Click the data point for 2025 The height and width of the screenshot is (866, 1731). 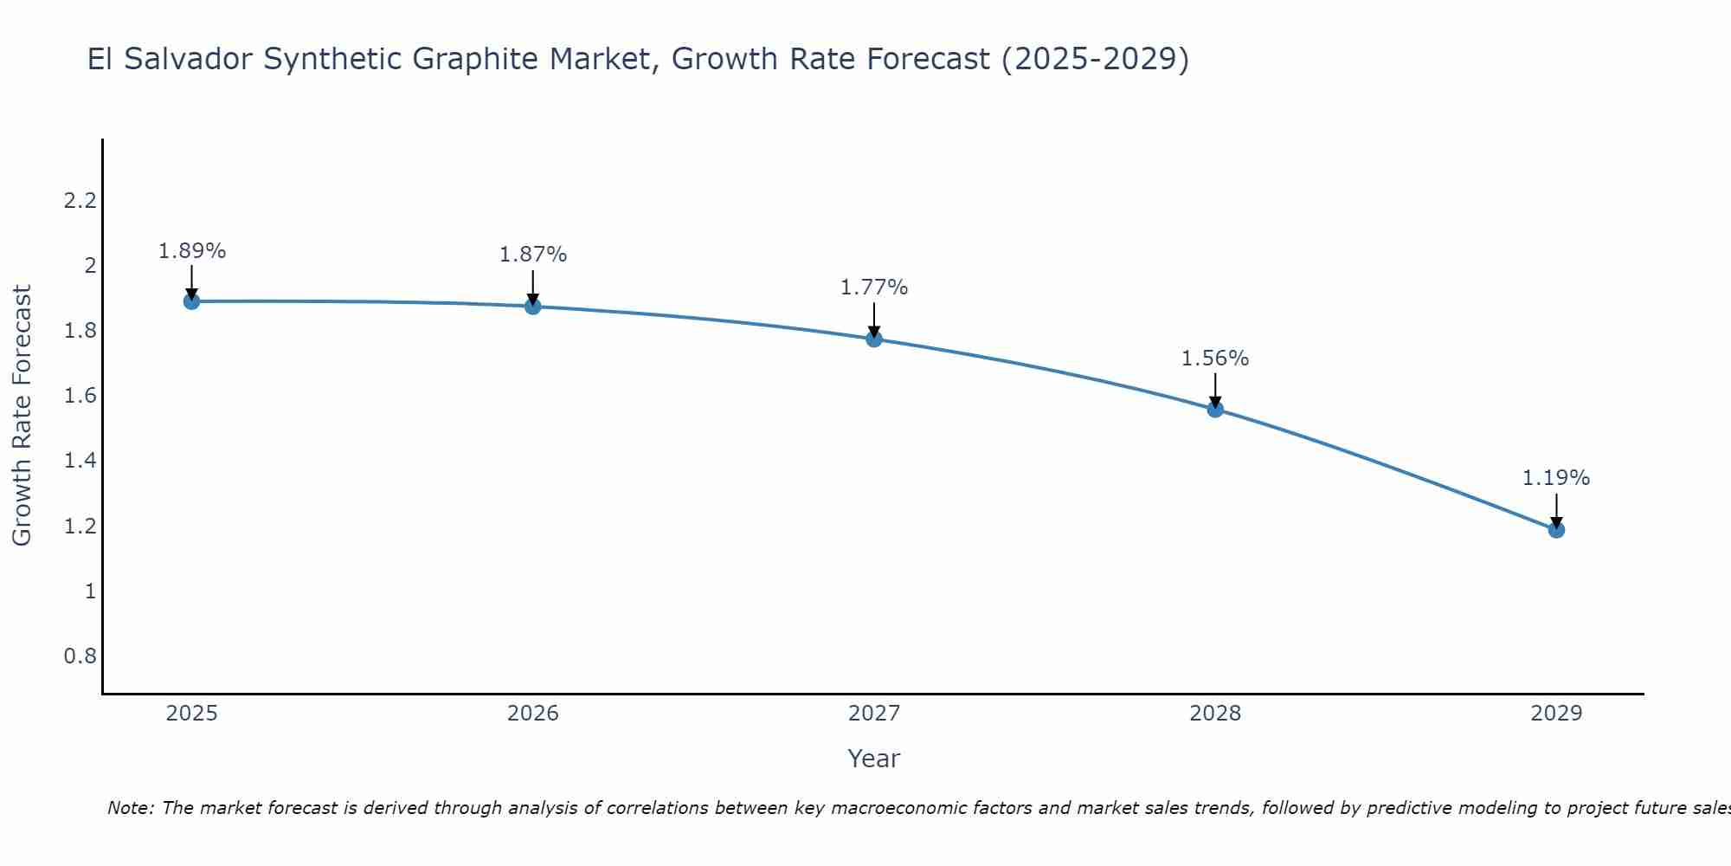pos(192,301)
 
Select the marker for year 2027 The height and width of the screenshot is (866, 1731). pos(874,339)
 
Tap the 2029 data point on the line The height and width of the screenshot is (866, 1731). pos(1556,529)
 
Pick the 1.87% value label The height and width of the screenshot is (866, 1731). pos(533,255)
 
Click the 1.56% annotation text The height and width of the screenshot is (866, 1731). pos(1215,359)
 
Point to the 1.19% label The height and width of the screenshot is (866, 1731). pos(1556,478)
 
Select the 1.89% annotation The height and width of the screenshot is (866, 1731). pos(192,251)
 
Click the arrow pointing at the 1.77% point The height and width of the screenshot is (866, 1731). pos(874,320)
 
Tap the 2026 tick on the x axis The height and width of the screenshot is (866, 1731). pos(533,714)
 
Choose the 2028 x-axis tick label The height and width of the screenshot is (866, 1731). pos(1215,714)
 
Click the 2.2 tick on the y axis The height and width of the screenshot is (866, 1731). pos(80,201)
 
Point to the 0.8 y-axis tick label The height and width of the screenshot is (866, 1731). pos(80,656)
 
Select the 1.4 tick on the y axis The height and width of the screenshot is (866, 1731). pos(80,461)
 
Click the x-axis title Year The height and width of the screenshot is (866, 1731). pos(874,759)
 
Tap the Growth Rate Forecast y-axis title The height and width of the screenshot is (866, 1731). pos(22,416)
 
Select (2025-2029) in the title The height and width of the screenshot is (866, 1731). pos(1095,60)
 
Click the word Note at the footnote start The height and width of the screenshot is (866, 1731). pos(130,808)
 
